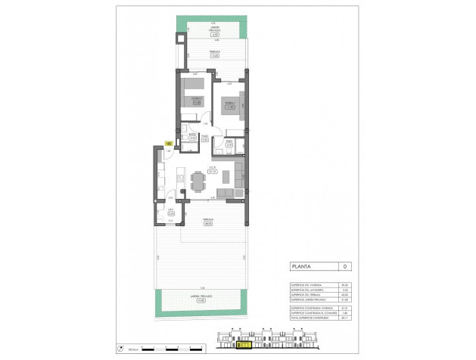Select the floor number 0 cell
344,267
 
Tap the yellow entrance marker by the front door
168,142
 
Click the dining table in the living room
199,182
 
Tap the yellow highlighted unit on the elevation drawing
244,346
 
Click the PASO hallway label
204,136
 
